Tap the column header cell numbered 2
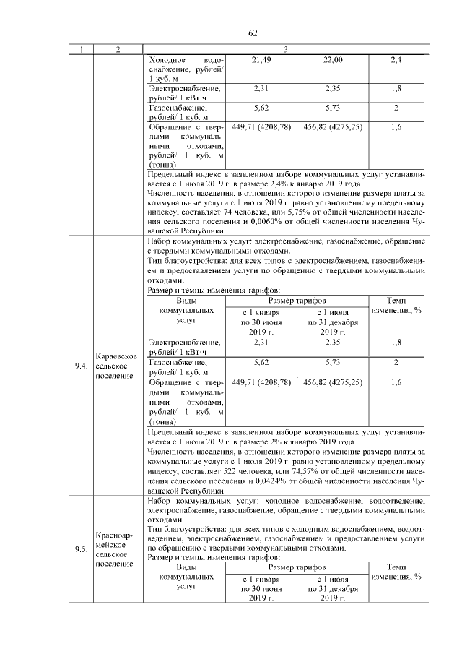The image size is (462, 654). point(118,48)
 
